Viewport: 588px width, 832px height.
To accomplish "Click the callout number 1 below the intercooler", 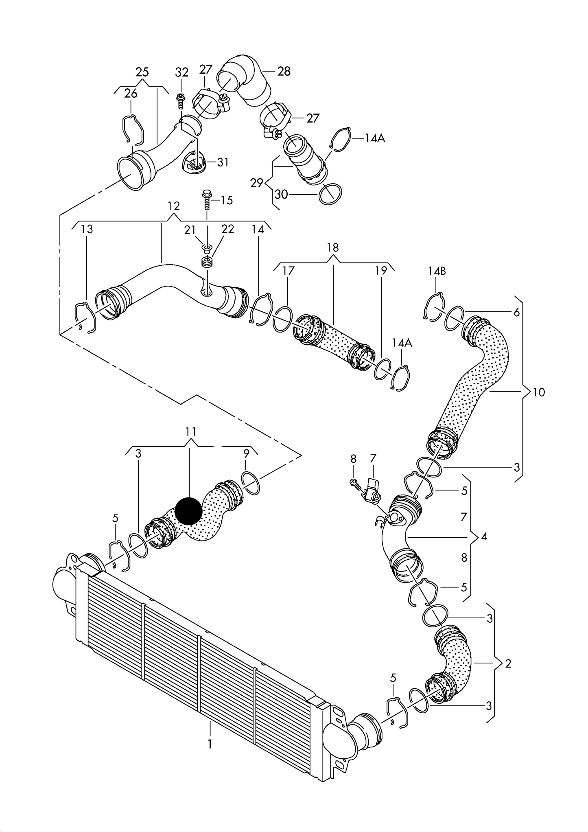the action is pos(210,744).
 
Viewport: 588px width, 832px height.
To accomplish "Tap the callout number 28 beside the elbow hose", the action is pos(284,71).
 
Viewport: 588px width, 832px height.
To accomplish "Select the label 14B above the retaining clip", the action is pos(437,271).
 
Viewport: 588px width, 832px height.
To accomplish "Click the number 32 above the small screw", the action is pos(182,72).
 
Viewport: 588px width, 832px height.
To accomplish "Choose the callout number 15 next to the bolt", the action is pos(226,200).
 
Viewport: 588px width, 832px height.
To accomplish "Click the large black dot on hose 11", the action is pos(188,511).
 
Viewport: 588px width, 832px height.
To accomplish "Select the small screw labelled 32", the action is pos(181,100).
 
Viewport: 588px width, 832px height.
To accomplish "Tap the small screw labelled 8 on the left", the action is pos(354,483).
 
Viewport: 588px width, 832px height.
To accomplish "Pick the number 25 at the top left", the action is pos(142,72).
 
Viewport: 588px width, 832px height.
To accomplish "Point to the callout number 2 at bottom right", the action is pos(508,663).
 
